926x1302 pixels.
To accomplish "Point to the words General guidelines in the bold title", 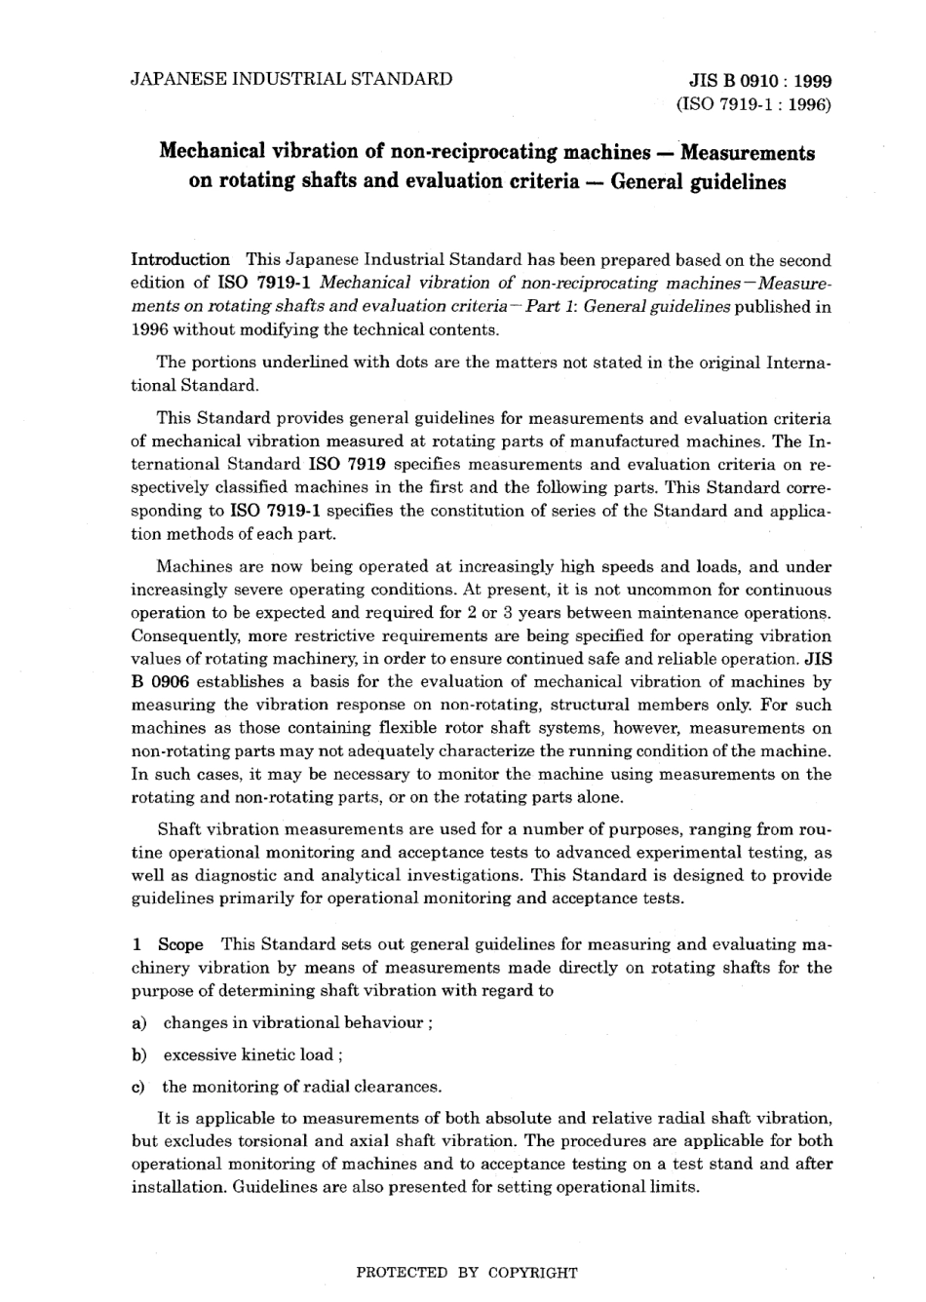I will click(698, 182).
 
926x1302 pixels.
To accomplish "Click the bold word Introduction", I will click(180, 259).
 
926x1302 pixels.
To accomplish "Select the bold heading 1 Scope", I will click(168, 944).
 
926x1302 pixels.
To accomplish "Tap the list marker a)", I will click(138, 1022).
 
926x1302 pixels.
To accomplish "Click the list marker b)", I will click(138, 1054).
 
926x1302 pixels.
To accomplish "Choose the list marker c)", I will click(138, 1087).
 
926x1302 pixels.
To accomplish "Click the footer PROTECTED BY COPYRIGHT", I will click(467, 1272).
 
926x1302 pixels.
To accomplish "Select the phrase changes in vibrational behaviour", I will click(293, 1022).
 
